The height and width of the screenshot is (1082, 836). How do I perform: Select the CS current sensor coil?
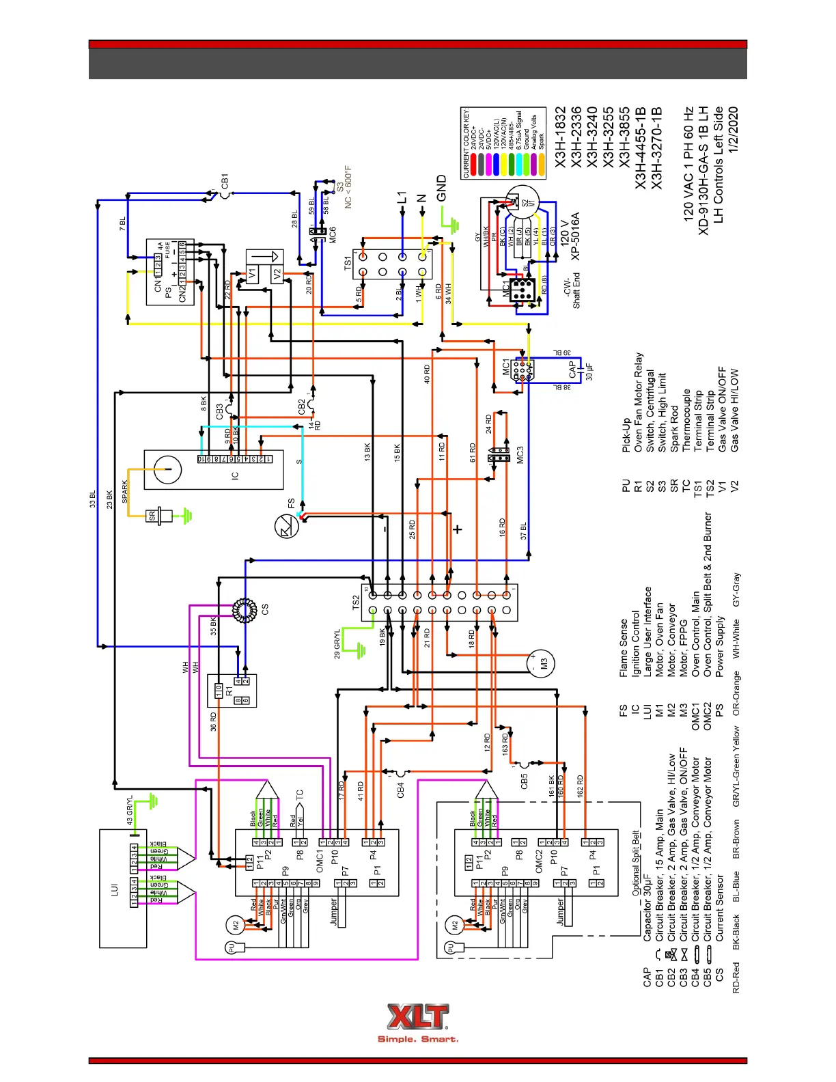[243, 610]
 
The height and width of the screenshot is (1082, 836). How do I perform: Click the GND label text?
[442, 189]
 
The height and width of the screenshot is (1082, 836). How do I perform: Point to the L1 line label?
[402, 198]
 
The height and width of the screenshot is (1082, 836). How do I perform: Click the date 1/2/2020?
[733, 130]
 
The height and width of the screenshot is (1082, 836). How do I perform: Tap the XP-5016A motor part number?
[575, 236]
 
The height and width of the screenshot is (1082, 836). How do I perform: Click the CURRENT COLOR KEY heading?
[466, 143]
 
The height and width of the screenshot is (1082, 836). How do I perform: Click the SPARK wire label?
[125, 491]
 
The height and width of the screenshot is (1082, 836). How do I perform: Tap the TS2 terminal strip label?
[356, 602]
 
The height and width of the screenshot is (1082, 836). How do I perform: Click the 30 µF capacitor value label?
[589, 372]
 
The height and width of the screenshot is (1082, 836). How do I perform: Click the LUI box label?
[114, 889]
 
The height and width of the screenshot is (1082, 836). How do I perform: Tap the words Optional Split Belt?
[635, 863]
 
